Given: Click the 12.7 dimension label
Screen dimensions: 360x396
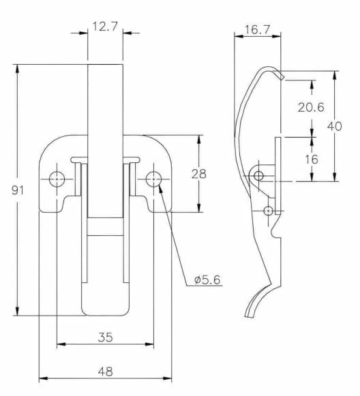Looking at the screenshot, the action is (x=105, y=27).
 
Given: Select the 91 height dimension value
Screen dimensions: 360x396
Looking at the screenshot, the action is (x=18, y=190).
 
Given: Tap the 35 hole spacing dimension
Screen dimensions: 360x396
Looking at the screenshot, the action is (x=106, y=337).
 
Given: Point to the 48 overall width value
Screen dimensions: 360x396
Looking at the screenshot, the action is (x=106, y=371).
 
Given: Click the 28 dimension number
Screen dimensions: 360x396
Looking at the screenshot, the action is (x=199, y=174).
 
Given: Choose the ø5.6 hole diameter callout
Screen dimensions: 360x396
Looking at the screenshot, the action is (x=207, y=280).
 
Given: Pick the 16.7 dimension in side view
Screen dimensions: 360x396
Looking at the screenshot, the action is (x=258, y=29).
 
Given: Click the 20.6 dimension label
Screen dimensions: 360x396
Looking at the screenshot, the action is (x=311, y=107).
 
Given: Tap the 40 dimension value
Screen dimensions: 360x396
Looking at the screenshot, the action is (x=335, y=126).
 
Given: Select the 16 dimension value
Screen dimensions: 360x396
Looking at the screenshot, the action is (x=312, y=159).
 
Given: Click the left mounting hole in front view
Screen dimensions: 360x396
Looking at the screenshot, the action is (x=57, y=179).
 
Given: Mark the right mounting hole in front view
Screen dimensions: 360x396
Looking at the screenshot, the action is (x=153, y=179).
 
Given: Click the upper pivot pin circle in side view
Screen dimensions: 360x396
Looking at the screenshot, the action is (x=258, y=176).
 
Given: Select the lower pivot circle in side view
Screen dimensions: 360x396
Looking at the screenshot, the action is (x=268, y=211).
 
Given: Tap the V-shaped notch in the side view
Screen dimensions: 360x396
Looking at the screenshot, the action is (x=275, y=231).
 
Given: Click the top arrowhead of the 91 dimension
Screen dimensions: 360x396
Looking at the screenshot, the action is (x=17, y=69).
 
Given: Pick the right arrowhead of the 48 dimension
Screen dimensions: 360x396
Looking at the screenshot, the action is (x=167, y=378).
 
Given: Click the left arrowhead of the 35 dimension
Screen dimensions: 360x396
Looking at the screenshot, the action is (x=61, y=344).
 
